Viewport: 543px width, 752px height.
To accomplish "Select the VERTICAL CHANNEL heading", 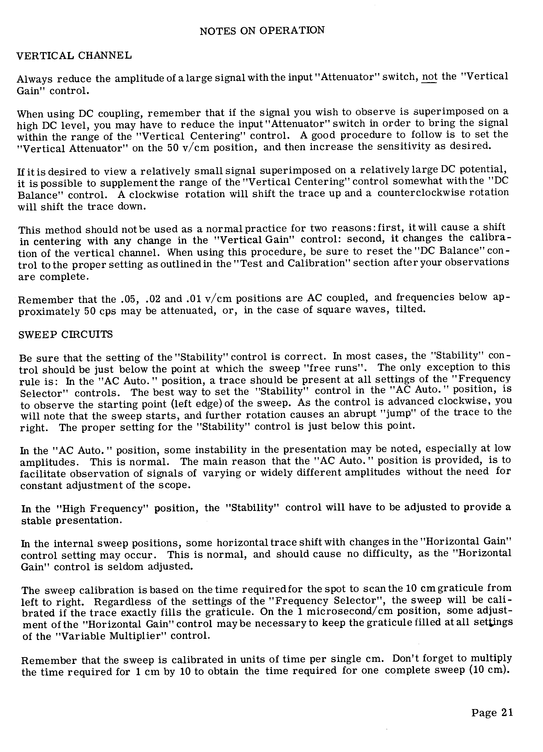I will pyautogui.click(x=74, y=55).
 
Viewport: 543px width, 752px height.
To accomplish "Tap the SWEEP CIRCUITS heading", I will pyautogui.click(x=66, y=334).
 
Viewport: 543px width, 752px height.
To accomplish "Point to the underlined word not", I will pyautogui.click(x=430, y=77).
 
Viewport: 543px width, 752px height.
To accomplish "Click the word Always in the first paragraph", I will pyautogui.click(x=34, y=80).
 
